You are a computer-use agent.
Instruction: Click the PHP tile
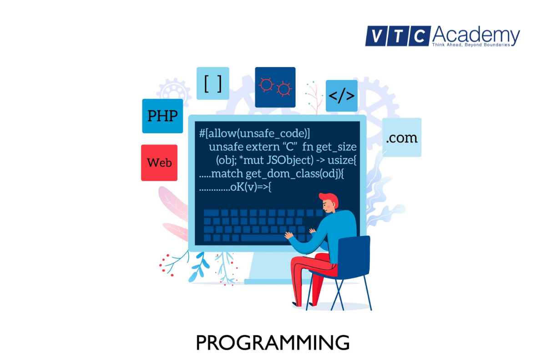tap(162, 116)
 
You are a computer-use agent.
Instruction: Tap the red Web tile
tap(159, 162)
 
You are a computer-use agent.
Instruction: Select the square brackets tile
tap(212, 83)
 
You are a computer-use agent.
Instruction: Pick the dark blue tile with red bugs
tap(275, 87)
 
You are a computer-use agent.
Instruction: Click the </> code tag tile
tap(341, 96)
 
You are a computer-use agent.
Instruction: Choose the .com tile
tap(401, 137)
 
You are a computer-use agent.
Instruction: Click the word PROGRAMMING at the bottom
tap(273, 343)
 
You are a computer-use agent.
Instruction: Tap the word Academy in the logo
tap(476, 35)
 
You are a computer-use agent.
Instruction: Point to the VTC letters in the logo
tap(398, 36)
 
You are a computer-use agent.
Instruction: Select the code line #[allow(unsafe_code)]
tap(254, 133)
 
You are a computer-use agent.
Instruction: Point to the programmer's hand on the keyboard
tap(288, 235)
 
